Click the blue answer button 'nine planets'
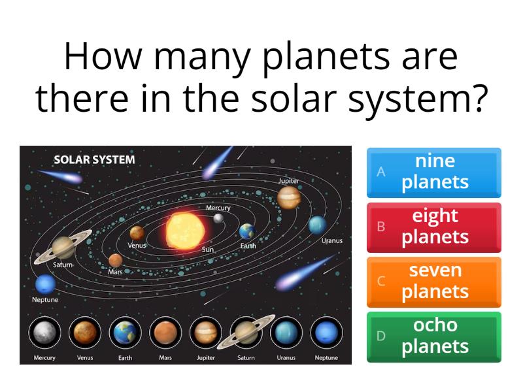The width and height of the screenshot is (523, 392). coord(434,172)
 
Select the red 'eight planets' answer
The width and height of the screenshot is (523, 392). coord(434,227)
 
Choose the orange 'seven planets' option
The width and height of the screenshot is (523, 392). coord(434,282)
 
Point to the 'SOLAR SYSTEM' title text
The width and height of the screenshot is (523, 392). coord(94,159)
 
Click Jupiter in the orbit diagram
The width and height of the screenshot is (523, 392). coord(288,197)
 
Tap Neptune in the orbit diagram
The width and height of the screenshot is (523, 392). coord(45,284)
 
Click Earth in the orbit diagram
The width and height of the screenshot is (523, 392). coord(246,231)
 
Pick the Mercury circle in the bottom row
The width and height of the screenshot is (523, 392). coord(44,333)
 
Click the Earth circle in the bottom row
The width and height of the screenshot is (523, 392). coord(125,333)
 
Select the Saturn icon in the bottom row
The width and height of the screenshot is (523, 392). coord(246,333)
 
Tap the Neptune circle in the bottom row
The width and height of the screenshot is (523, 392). coord(326,333)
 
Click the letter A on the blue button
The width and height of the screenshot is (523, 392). coord(380,172)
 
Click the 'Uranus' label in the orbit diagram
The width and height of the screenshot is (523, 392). coord(331,240)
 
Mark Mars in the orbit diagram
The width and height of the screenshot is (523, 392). coord(116,260)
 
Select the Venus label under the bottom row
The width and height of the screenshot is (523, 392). coord(85,357)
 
